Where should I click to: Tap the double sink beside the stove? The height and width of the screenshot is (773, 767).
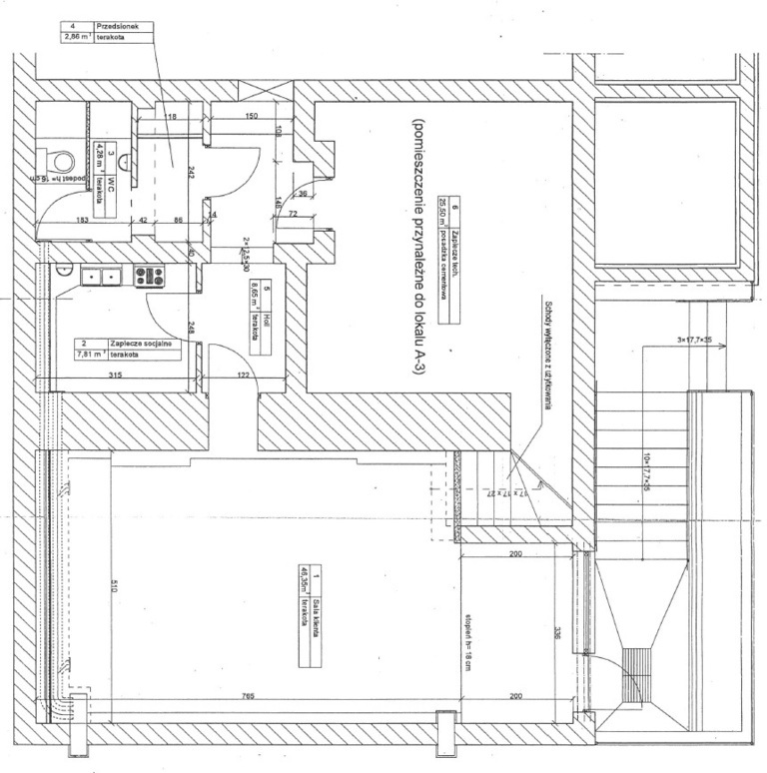tap(101, 277)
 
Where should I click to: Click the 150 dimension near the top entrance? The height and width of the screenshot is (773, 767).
tap(251, 117)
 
